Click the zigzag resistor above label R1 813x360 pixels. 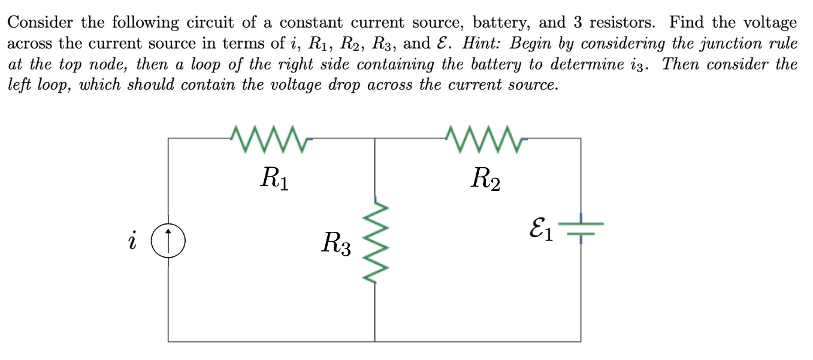click(x=269, y=139)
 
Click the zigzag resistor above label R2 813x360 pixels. click(x=486, y=139)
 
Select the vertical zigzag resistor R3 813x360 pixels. click(x=375, y=242)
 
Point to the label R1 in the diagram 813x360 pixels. click(x=275, y=178)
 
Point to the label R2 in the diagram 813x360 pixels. click(x=486, y=178)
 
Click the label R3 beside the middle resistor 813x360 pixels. click(x=336, y=244)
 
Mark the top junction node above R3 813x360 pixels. click(x=375, y=138)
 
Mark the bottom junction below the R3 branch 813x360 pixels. click(x=375, y=341)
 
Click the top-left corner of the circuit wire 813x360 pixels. click(x=168, y=138)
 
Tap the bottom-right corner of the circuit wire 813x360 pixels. click(x=581, y=341)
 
